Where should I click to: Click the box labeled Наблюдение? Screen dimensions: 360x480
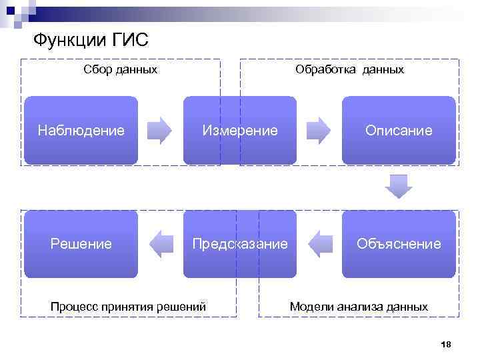tap(81, 130)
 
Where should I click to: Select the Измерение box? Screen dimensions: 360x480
tap(240, 130)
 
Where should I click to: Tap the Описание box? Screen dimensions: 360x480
tap(399, 130)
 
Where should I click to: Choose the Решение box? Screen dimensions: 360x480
tap(81, 244)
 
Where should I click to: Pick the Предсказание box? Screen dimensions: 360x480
tap(240, 244)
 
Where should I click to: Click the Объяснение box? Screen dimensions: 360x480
tap(399, 244)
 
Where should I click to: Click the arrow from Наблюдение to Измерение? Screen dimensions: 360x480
tap(159, 131)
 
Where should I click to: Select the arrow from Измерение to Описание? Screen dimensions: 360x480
tap(319, 131)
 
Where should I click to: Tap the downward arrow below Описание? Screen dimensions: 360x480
tap(399, 186)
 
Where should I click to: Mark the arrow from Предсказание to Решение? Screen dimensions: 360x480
tap(161, 244)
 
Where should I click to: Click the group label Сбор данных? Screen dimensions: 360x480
tap(121, 69)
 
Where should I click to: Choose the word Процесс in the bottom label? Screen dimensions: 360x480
tap(73, 307)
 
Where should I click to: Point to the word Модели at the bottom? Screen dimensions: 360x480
tap(311, 307)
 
